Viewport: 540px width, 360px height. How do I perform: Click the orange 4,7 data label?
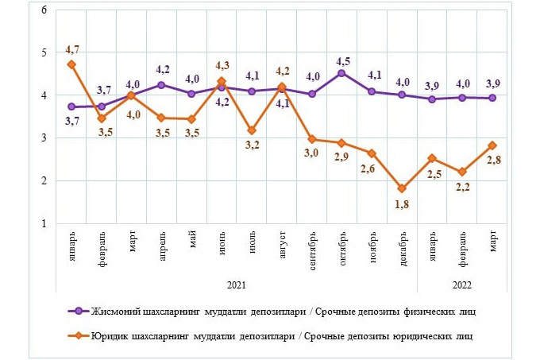click(72, 50)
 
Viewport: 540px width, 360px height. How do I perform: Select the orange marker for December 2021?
click(403, 188)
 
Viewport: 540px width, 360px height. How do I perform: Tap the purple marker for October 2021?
click(341, 73)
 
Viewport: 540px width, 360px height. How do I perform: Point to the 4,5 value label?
click(344, 60)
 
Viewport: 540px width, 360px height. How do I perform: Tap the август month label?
click(283, 244)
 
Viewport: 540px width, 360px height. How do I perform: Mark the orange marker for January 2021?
click(71, 64)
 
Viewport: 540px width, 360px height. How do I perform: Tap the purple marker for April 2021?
click(161, 84)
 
